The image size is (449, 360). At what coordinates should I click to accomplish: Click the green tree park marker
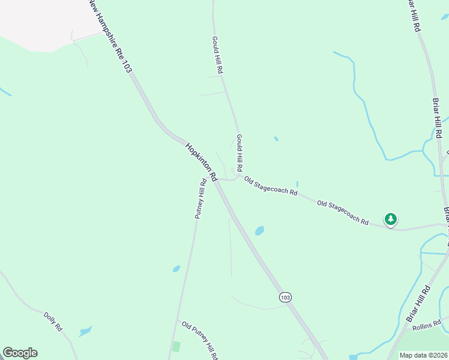pyautogui.click(x=391, y=220)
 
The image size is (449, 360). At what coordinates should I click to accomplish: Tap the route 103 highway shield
pyautogui.click(x=285, y=297)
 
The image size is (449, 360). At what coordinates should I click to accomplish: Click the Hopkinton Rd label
pyautogui.click(x=201, y=161)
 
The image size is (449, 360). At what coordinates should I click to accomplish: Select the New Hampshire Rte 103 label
pyautogui.click(x=110, y=37)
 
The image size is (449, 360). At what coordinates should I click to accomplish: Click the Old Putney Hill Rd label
pyautogui.click(x=200, y=340)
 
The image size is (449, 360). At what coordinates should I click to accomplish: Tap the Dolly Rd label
pyautogui.click(x=53, y=321)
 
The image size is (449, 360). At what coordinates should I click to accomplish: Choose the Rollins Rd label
pyautogui.click(x=427, y=325)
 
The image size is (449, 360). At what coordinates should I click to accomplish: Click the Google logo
pyautogui.click(x=20, y=353)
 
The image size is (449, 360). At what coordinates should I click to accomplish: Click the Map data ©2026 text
pyautogui.click(x=423, y=355)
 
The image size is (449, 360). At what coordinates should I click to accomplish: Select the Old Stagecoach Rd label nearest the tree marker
pyautogui.click(x=343, y=213)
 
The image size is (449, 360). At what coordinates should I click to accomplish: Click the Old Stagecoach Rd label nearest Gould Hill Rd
pyautogui.click(x=271, y=186)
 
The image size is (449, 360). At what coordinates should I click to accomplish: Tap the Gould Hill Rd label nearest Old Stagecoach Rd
pyautogui.click(x=239, y=152)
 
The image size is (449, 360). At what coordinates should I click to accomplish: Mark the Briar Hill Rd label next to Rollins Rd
pyautogui.click(x=418, y=307)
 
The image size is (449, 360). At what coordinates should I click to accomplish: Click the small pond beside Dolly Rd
pyautogui.click(x=85, y=331)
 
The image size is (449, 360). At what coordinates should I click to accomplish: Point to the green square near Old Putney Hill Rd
pyautogui.click(x=176, y=346)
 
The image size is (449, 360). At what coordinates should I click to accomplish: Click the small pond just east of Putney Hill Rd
pyautogui.click(x=176, y=269)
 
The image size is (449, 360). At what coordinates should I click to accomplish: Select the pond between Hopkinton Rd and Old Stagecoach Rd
pyautogui.click(x=259, y=230)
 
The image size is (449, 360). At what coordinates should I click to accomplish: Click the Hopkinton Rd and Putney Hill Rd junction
pyautogui.click(x=214, y=180)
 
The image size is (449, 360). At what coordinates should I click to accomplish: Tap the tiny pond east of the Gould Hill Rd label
pyautogui.click(x=276, y=139)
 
